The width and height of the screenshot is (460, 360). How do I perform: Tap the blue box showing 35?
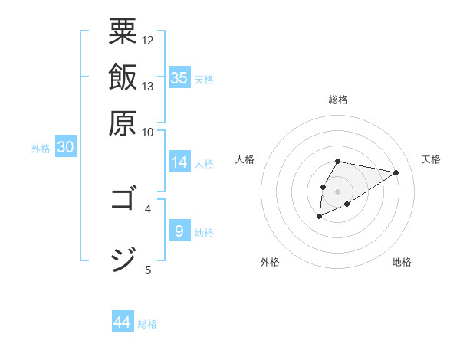[179, 78]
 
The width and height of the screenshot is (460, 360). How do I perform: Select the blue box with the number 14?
[179, 162]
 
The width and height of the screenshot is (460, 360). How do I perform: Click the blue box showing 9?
[179, 231]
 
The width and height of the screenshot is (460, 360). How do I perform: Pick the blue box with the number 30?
[66, 148]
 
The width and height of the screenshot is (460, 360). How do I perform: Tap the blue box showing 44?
[123, 322]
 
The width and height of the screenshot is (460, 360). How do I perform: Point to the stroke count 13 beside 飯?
[148, 86]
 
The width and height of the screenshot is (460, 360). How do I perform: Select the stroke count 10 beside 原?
[148, 132]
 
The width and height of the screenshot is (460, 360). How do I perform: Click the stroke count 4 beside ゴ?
[148, 208]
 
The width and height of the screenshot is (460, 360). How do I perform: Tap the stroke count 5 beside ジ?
[148, 269]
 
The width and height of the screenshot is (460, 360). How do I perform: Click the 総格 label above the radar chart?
[338, 100]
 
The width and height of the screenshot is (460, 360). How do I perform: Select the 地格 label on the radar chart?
[402, 263]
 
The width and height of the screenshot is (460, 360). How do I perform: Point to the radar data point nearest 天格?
[396, 172]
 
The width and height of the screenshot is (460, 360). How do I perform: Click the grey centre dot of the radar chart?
[337, 190]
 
